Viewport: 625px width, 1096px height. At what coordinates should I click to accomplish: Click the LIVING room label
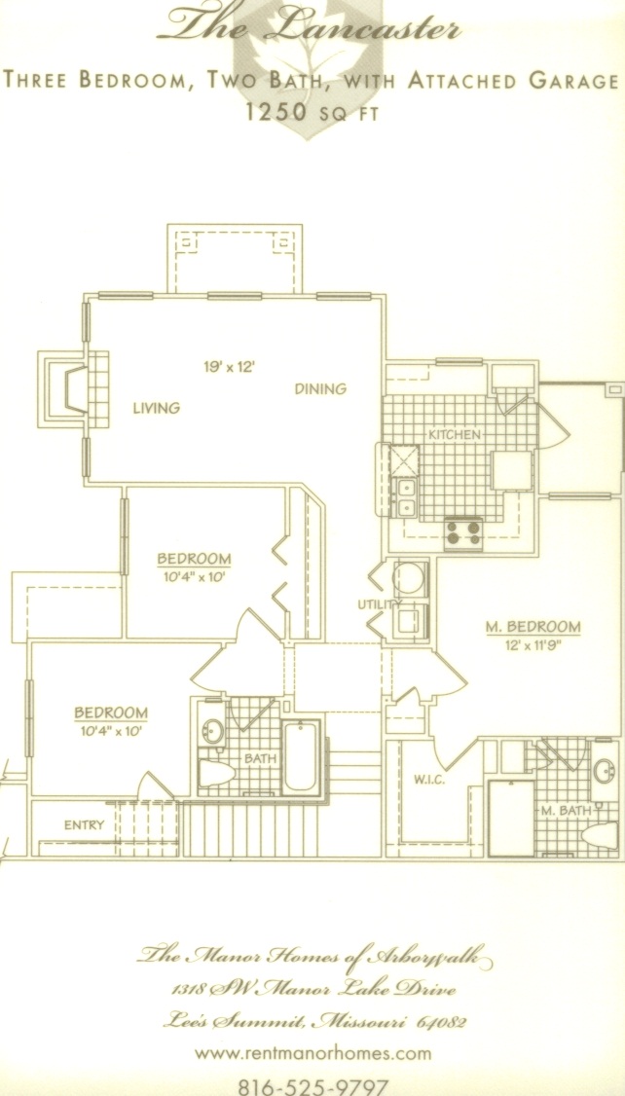[x=156, y=408]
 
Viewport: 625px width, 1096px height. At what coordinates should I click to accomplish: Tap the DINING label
[x=320, y=389]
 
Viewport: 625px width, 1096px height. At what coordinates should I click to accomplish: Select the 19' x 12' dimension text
[x=228, y=366]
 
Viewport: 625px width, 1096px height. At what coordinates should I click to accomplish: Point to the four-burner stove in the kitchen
[x=463, y=533]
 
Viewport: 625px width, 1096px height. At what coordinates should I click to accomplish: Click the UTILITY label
[x=380, y=603]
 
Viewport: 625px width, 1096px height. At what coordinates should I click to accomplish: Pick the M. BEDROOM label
[x=533, y=626]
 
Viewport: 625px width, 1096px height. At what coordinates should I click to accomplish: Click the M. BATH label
[x=567, y=811]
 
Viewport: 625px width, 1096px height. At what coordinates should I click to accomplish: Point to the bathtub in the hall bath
[x=302, y=757]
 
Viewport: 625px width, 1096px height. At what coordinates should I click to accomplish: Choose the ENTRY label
[x=84, y=824]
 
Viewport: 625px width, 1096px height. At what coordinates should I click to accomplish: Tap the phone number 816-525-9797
[x=312, y=1086]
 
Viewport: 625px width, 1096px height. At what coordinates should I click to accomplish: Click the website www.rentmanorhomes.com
[x=312, y=1052]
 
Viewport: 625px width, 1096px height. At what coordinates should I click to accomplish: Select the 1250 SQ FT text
[x=312, y=112]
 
